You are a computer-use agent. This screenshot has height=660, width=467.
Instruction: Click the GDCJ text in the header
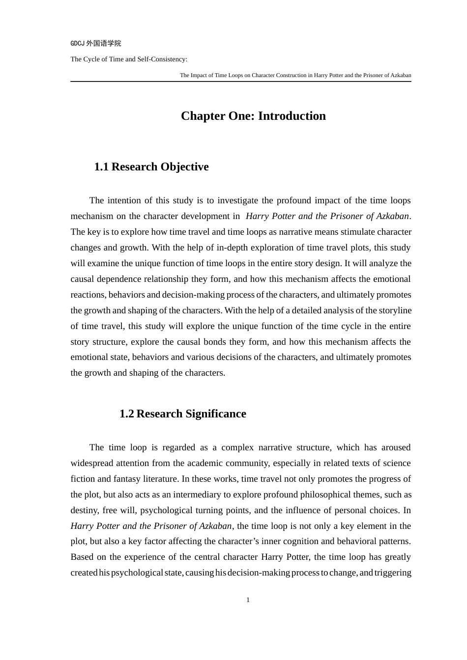click(77, 44)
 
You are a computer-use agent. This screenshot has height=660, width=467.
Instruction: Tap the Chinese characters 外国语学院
click(104, 44)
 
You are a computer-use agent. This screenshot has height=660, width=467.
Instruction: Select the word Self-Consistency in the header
click(162, 59)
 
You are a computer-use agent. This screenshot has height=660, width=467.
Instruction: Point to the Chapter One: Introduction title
click(253, 116)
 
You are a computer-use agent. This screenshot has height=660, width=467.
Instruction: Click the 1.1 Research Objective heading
click(151, 167)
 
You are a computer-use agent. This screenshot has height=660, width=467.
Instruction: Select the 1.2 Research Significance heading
click(183, 414)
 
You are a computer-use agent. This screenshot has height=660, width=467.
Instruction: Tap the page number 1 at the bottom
click(248, 600)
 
